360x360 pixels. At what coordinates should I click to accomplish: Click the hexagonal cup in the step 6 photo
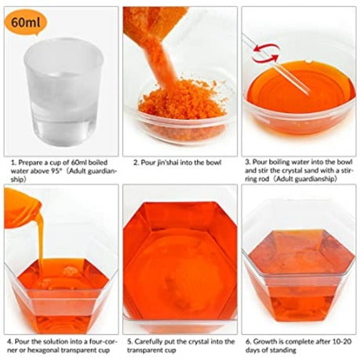(298, 271)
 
